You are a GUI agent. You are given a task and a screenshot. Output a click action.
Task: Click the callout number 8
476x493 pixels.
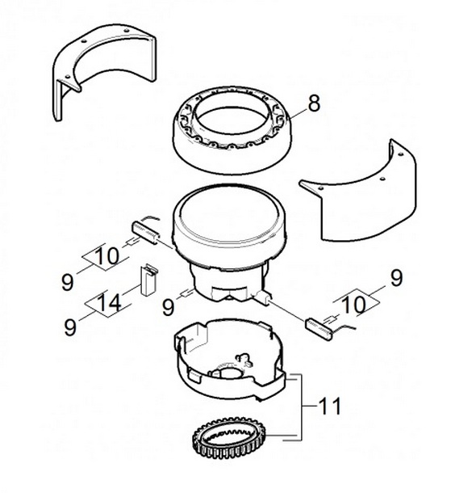(x=314, y=103)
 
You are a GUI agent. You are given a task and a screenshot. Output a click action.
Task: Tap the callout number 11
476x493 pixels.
(x=329, y=406)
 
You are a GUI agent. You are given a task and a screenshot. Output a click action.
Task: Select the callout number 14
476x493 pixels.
(x=110, y=303)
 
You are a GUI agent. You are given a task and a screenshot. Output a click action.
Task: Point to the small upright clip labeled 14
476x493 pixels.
(x=148, y=280)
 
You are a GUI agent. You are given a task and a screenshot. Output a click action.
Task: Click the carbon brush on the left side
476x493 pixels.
(x=146, y=232)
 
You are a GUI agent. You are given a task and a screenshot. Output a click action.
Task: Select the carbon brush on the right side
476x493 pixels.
(x=319, y=329)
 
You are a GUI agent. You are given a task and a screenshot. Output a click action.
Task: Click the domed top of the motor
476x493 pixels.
(x=229, y=217)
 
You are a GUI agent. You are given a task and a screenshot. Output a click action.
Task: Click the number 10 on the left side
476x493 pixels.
(x=106, y=256)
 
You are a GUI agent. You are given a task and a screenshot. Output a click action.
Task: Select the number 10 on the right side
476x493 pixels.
(x=353, y=305)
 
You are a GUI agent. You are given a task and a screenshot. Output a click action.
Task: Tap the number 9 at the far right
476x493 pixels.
(x=396, y=278)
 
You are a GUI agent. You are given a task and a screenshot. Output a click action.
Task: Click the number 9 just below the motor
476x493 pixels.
(x=168, y=307)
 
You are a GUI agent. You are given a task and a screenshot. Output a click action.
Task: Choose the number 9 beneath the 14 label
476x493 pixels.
(x=70, y=327)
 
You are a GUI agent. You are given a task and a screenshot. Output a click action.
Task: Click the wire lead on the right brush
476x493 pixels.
(x=344, y=329)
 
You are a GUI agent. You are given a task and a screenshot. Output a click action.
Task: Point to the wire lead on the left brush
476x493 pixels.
(x=150, y=217)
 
